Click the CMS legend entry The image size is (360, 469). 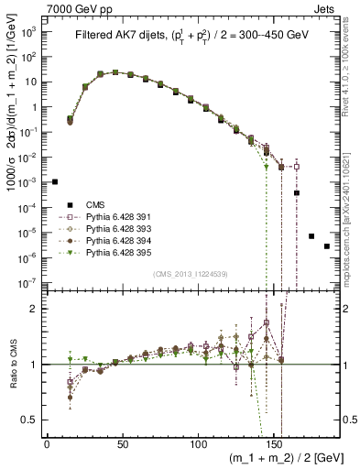(94, 205)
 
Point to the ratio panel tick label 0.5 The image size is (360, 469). (31, 420)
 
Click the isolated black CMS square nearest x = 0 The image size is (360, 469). (54, 181)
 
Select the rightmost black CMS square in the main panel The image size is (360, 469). (327, 246)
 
